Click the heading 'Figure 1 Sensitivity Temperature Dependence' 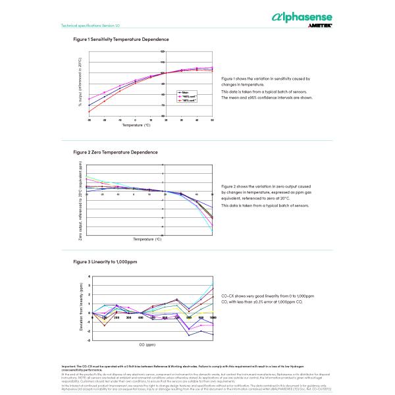coord(121,39)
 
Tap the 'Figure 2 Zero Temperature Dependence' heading coord(115,152)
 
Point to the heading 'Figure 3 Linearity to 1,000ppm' coord(105,262)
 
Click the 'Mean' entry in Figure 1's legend coord(186,92)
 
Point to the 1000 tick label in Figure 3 coord(213,317)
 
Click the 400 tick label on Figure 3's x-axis coord(140,317)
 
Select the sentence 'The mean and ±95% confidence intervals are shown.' coord(267,97)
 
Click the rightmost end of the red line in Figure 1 coord(212,70)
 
